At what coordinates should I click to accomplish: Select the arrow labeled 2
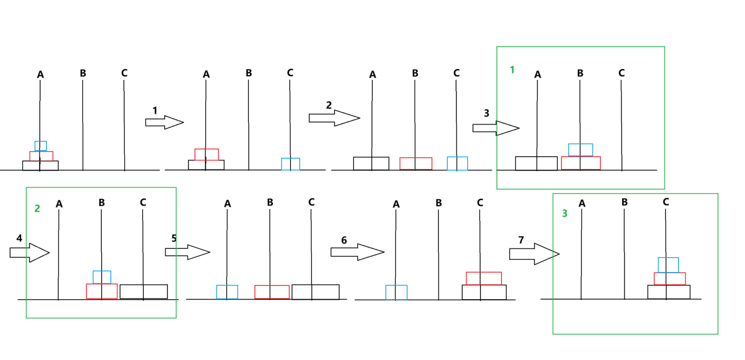tap(334, 118)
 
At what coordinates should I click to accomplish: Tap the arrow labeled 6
tap(357, 252)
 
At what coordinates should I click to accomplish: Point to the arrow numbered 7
tap(534, 254)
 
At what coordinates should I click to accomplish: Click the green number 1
tap(512, 70)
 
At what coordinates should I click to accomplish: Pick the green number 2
tap(37, 209)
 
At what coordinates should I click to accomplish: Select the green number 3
tap(565, 214)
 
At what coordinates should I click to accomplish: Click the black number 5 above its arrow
tap(174, 238)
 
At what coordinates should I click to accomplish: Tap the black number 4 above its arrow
tap(19, 238)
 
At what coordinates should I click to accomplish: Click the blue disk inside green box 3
tap(668, 265)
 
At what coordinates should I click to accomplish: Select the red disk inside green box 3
tap(670, 279)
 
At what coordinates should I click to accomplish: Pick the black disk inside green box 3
tap(669, 292)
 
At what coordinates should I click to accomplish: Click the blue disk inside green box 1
tap(580, 150)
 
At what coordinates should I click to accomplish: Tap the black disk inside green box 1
tap(536, 163)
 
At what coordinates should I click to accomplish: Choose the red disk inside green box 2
tap(102, 291)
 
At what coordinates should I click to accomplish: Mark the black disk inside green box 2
tap(143, 292)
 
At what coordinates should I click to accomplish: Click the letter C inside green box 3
tap(665, 202)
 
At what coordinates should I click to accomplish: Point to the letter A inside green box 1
tap(537, 75)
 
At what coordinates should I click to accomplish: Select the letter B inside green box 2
tap(101, 203)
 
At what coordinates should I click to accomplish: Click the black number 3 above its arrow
tap(486, 113)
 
